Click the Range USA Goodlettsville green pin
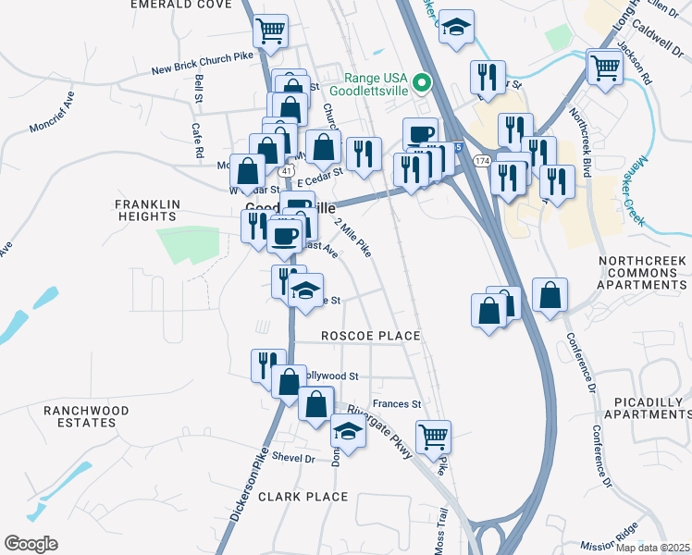pyautogui.click(x=423, y=83)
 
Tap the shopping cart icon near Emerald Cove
pyautogui.click(x=270, y=31)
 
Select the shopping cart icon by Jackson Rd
pyautogui.click(x=604, y=67)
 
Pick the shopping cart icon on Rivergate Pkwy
pyautogui.click(x=433, y=435)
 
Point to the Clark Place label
pyautogui.click(x=303, y=497)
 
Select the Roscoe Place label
pyautogui.click(x=370, y=336)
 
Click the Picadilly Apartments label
pyautogui.click(x=651, y=408)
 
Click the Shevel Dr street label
pyautogui.click(x=293, y=459)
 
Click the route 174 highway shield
pyautogui.click(x=481, y=161)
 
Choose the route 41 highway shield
pyautogui.click(x=288, y=171)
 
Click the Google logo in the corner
pyautogui.click(x=31, y=544)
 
